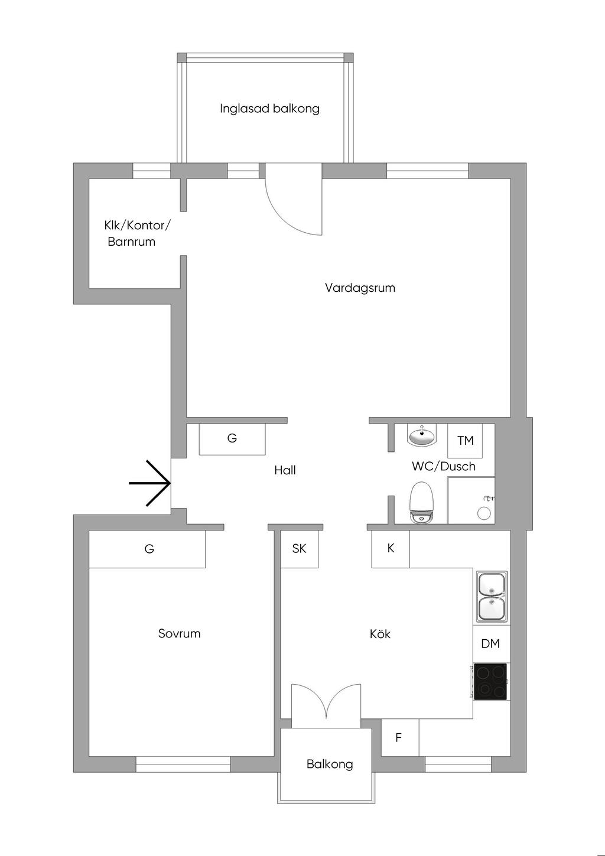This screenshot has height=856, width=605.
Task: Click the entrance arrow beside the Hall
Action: tap(149, 483)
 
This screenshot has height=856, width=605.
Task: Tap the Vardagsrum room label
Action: tap(360, 288)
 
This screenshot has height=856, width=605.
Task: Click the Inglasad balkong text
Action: tap(269, 109)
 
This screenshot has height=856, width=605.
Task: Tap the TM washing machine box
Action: tap(465, 441)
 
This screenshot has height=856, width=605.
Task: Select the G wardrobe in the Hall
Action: tap(232, 439)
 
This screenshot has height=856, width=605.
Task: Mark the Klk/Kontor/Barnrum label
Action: tap(137, 233)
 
